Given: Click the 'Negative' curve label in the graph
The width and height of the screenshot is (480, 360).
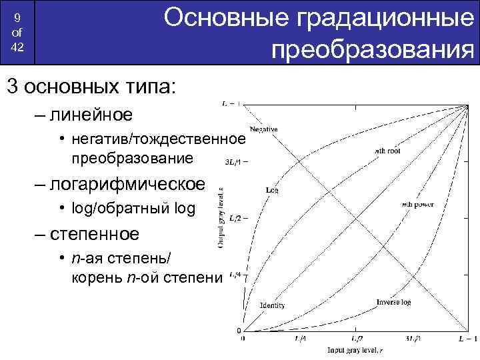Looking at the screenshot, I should pos(264,129).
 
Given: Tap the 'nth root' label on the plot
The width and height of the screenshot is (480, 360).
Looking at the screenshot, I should pos(387,151).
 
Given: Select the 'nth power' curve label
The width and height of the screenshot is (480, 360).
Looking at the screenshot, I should pos(417,205).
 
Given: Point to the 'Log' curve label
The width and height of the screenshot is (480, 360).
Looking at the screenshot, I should pos(272,190).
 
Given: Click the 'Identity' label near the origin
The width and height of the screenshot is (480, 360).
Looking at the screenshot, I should pos(273,305).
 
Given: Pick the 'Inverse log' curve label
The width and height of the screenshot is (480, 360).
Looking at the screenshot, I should pos(393,302).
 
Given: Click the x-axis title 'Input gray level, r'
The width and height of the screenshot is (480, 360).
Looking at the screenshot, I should pos(354,350).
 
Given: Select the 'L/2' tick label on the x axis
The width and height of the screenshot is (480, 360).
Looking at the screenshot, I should pos(356,339).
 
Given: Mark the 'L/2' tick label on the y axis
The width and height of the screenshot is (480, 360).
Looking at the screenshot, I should pos(234,217).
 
